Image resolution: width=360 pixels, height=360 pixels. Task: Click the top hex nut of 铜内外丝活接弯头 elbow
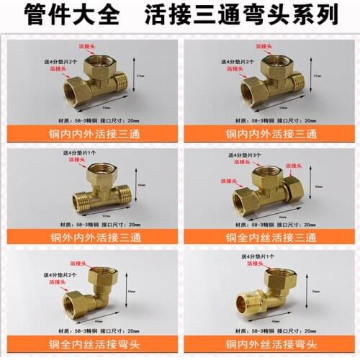click(277, 278)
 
